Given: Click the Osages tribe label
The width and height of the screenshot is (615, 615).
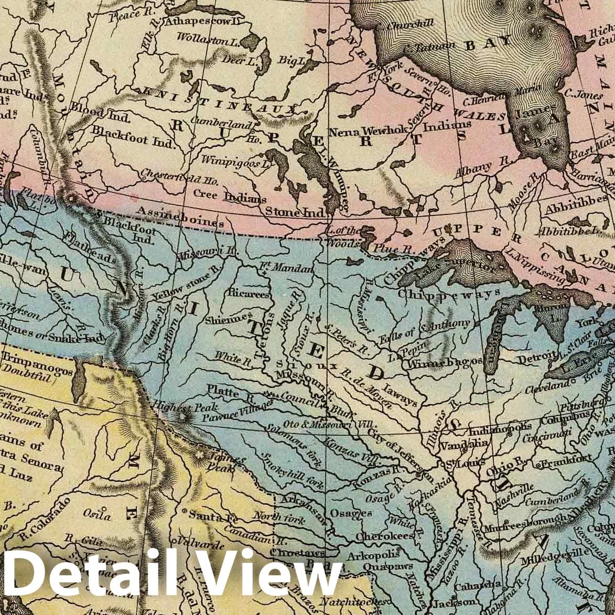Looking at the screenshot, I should (351, 513).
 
